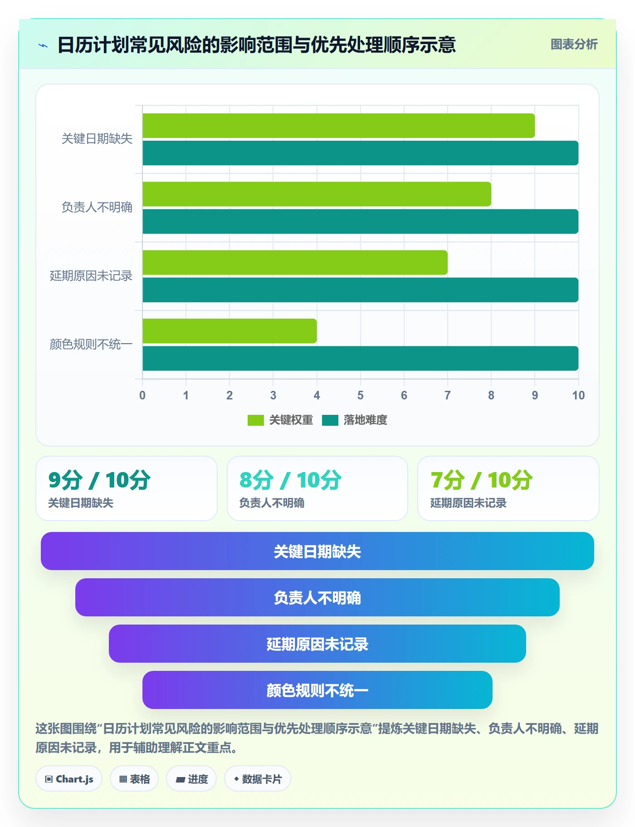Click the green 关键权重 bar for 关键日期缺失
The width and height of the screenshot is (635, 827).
click(x=339, y=126)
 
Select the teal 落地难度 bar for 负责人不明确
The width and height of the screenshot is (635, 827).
click(x=361, y=222)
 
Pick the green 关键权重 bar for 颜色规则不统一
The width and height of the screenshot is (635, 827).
click(x=230, y=331)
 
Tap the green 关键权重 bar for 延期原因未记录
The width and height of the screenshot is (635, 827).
click(x=295, y=262)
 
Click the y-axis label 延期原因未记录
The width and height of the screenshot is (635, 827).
click(x=91, y=276)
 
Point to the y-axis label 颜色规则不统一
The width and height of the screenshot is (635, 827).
click(x=91, y=344)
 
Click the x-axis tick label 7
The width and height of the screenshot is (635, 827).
click(x=448, y=395)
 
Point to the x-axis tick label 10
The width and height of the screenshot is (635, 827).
click(x=578, y=395)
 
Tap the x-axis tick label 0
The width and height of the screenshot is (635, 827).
click(x=142, y=395)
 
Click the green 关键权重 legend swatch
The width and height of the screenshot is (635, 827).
click(x=255, y=420)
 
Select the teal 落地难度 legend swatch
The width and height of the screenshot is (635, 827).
click(x=330, y=420)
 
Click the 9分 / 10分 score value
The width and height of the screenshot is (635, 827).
click(x=99, y=480)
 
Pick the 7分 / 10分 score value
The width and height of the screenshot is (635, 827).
click(x=482, y=480)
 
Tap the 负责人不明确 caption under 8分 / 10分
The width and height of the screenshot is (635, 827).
click(x=272, y=503)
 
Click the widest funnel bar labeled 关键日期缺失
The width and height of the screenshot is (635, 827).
click(x=317, y=551)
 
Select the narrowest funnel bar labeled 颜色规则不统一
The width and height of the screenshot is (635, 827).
click(x=317, y=690)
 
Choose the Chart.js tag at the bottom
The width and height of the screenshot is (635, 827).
click(x=69, y=779)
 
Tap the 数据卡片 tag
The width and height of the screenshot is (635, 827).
click(x=258, y=779)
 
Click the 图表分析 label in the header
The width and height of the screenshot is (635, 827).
click(x=574, y=44)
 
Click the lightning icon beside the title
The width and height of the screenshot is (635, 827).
click(x=43, y=45)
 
